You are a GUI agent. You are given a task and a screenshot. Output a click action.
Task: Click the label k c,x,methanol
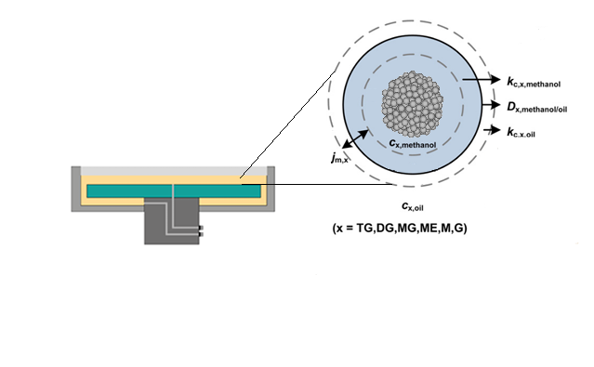coord(548,82)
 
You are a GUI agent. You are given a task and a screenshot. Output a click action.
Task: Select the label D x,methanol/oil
coord(549,107)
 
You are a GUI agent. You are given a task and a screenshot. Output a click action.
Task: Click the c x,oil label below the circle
coord(415,205)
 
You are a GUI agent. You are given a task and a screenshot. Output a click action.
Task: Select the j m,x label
coord(338,159)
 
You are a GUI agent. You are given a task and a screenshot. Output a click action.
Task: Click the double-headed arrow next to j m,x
coord(354,139)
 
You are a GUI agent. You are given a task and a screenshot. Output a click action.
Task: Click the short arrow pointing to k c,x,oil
coord(492,131)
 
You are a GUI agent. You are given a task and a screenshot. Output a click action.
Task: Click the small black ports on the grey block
coord(201,231)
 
